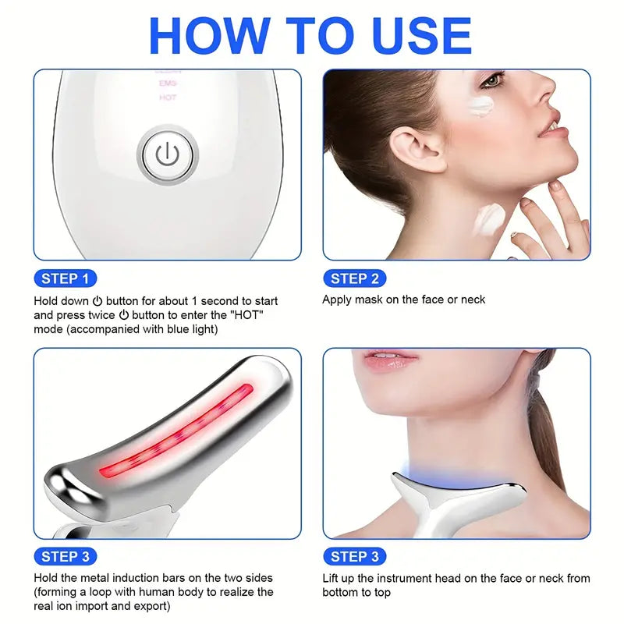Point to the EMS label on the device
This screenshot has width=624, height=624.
[x=168, y=83]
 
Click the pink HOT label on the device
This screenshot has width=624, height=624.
[x=168, y=98]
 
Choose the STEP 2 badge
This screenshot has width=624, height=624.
[x=354, y=278]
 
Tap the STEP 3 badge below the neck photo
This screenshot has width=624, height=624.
[x=354, y=556]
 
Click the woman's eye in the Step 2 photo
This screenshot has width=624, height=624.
[x=493, y=80]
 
